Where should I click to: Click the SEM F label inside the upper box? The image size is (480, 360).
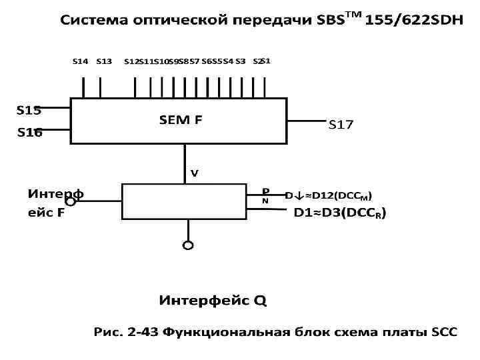tap(181, 120)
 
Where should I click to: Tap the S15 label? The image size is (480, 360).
tap(29, 110)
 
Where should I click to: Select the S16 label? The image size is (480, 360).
tap(29, 133)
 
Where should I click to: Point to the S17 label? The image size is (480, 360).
tap(341, 125)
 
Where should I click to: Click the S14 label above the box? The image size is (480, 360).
tap(80, 62)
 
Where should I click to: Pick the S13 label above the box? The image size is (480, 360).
tap(104, 62)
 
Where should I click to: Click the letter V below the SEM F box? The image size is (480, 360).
tap(195, 173)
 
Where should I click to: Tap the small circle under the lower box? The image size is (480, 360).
tap(188, 245)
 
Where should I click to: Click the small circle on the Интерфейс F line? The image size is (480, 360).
tap(70, 201)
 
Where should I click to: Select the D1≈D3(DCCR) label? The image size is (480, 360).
tap(340, 213)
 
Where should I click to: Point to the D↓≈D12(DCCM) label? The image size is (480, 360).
tap(329, 195)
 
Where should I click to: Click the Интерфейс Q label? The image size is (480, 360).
tap(213, 301)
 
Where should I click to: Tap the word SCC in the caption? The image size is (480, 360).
tap(444, 332)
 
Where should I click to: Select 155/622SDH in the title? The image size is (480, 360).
tap(414, 21)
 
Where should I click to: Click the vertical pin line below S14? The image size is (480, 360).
tap(83, 87)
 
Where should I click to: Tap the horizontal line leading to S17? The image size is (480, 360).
tap(306, 121)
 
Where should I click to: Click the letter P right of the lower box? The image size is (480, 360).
tap(265, 191)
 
